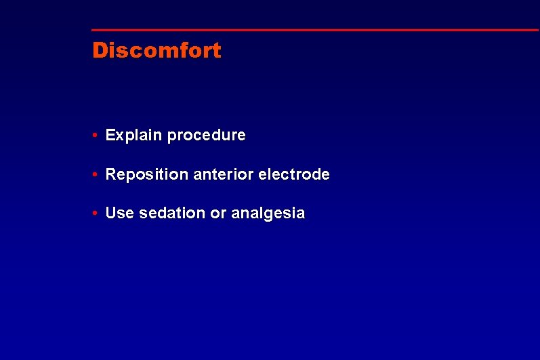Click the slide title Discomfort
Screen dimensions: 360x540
click(157, 51)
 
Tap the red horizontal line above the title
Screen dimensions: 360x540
click(315, 30)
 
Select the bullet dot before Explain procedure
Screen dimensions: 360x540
click(97, 136)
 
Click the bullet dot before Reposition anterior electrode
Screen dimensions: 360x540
click(97, 175)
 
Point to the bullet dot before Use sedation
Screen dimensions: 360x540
click(97, 214)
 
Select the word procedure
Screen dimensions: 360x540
click(207, 136)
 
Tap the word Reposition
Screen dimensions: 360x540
click(147, 175)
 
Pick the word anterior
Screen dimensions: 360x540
click(220, 175)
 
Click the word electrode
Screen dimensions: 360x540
click(293, 175)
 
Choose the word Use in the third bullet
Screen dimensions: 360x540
click(120, 214)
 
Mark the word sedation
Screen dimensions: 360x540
click(172, 214)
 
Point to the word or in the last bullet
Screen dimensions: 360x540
click(218, 214)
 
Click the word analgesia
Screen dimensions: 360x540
click(268, 214)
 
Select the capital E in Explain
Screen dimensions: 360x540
click(110, 136)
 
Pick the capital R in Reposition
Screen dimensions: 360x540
click(111, 175)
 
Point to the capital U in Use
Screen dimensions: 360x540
click(111, 214)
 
